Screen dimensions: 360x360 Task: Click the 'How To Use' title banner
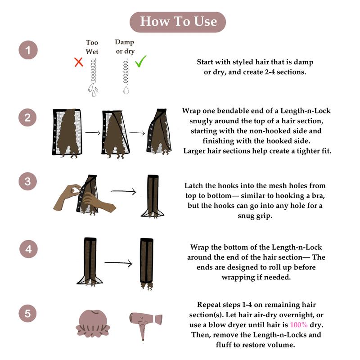[x=178, y=22]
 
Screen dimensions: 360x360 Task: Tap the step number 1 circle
[x=28, y=50]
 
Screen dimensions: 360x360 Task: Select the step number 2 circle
[x=27, y=117]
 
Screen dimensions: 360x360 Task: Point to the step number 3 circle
[x=27, y=181]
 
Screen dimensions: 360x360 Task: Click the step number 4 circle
[x=28, y=249]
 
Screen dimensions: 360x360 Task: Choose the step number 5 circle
[x=27, y=313]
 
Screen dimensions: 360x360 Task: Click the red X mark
[x=78, y=62]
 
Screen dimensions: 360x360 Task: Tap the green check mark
[x=140, y=61]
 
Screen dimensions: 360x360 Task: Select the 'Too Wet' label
[x=92, y=47]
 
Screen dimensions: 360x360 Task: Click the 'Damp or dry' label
[x=125, y=47]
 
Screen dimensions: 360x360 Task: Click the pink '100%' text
[x=298, y=324]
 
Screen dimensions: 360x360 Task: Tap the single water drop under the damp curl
[x=126, y=90]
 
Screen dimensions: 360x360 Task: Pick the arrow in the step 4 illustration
[x=118, y=263]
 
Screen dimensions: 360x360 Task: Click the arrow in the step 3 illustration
[x=123, y=191]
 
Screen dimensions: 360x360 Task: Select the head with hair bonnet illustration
[x=93, y=324]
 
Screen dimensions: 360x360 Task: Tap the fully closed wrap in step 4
[x=147, y=264]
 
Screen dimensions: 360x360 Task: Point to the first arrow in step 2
[x=93, y=132]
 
